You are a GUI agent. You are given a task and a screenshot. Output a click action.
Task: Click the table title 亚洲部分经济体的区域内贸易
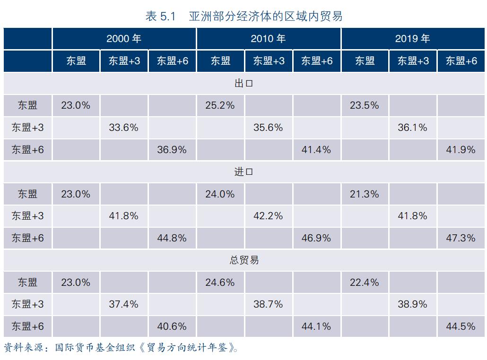pyautogui.click(x=244, y=16)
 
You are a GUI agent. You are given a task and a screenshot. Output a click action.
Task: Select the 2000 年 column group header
pyautogui.click(x=124, y=39)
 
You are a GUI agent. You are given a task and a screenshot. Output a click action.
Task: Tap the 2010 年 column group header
pyautogui.click(x=268, y=39)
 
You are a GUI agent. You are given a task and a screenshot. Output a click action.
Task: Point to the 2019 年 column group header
pyautogui.click(x=413, y=39)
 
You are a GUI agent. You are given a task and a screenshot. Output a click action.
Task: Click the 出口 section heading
pyautogui.click(x=244, y=84)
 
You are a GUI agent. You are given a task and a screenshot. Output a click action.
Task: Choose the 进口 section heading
pyautogui.click(x=244, y=172)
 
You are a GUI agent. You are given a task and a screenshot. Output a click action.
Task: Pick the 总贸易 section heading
pyautogui.click(x=244, y=260)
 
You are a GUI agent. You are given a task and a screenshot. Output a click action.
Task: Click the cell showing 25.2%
pyautogui.click(x=220, y=105)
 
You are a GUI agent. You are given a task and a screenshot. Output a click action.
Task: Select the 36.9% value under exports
pyautogui.click(x=172, y=150)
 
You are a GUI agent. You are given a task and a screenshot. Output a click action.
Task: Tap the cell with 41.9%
pyautogui.click(x=461, y=150)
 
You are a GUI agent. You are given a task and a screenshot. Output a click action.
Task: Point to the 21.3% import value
pyautogui.click(x=364, y=194)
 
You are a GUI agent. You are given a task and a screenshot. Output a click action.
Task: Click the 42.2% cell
pyautogui.click(x=268, y=216)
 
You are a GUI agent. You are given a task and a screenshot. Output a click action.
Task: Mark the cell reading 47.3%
pyautogui.click(x=461, y=238)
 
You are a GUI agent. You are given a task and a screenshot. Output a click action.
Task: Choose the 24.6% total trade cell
pyautogui.click(x=220, y=283)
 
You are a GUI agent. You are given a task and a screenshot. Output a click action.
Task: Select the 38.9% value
pyautogui.click(x=412, y=304)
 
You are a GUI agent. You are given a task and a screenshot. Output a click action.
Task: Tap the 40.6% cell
pyautogui.click(x=172, y=326)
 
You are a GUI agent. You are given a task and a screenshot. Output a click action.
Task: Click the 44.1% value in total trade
pyautogui.click(x=316, y=326)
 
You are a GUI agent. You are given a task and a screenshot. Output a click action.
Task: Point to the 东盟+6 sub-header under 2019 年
pyautogui.click(x=461, y=61)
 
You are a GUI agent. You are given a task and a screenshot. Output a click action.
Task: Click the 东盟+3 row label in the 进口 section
pyautogui.click(x=27, y=216)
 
